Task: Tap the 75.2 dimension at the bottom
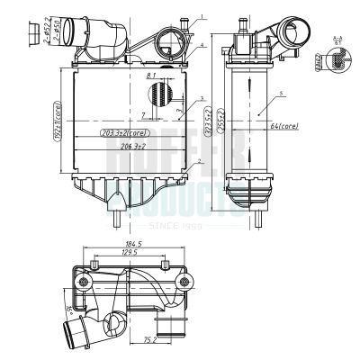(x=151, y=340)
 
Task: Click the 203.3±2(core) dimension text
(x=125, y=133)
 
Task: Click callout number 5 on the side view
(x=282, y=93)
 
